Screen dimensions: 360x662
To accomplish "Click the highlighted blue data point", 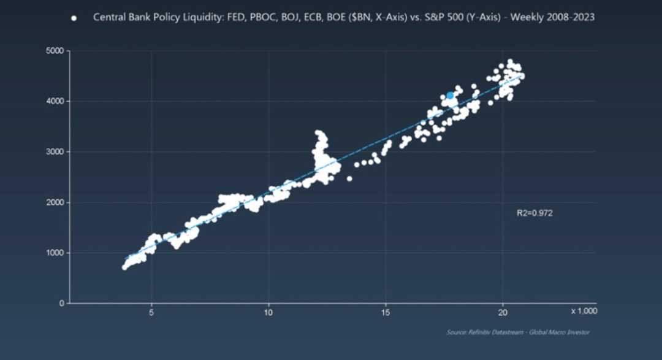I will (451, 96).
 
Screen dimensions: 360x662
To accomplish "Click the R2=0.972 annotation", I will (535, 213).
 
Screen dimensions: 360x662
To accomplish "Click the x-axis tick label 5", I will (151, 312).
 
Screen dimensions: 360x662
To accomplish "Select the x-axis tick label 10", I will (268, 312).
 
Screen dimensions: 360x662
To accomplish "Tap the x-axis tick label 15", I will (386, 312).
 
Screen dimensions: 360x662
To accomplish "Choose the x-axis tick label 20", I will (503, 312).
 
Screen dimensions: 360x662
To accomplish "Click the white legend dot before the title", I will (74, 18).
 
